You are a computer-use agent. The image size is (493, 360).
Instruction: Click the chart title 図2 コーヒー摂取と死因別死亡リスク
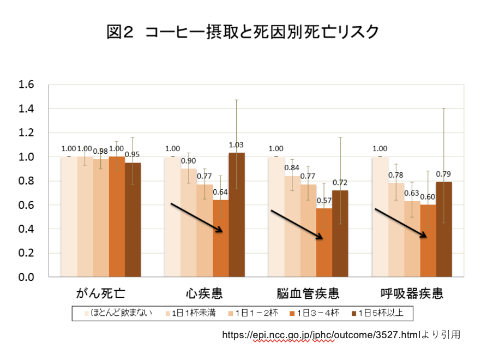pyautogui.click(x=243, y=31)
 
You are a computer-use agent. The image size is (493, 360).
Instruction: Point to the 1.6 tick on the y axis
pyautogui.click(x=27, y=85)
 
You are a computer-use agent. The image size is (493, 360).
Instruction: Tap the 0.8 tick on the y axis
pyautogui.click(x=27, y=181)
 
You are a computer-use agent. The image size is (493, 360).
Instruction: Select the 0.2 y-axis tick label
pyautogui.click(x=27, y=253)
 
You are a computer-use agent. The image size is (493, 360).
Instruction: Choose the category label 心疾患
pyautogui.click(x=203, y=294)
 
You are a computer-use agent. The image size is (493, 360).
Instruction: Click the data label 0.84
pyautogui.click(x=292, y=168)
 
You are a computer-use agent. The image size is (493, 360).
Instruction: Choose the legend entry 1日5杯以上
pyautogui.click(x=382, y=314)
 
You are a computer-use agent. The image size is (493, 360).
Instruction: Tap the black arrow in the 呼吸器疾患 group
pyautogui.click(x=400, y=223)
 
